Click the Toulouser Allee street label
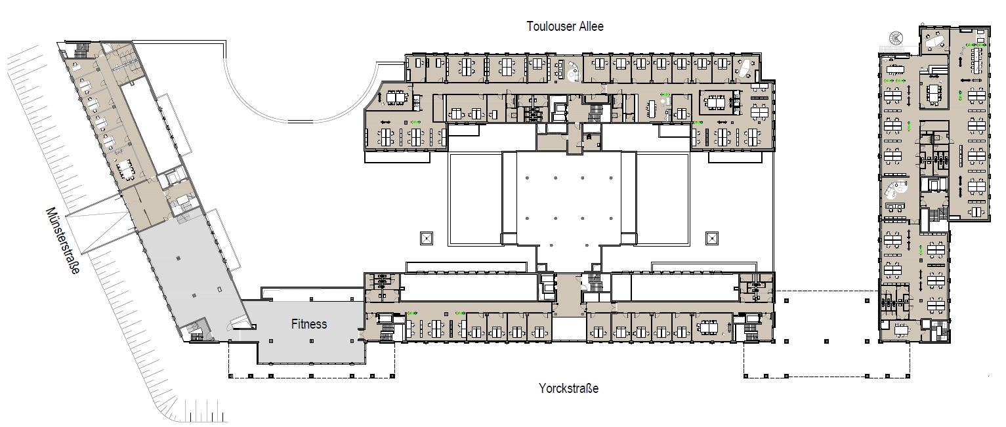(x=565, y=26)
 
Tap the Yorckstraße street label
(x=568, y=388)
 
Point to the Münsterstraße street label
(x=63, y=240)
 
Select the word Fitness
(x=309, y=324)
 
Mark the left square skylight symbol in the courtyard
(x=426, y=238)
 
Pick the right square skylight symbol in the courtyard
(x=712, y=238)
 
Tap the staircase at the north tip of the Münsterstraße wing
(x=81, y=50)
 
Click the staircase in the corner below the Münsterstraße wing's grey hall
(x=196, y=331)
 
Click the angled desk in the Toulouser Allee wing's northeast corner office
(x=745, y=68)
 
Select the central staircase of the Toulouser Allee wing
(x=595, y=113)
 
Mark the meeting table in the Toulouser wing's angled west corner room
(x=396, y=98)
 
